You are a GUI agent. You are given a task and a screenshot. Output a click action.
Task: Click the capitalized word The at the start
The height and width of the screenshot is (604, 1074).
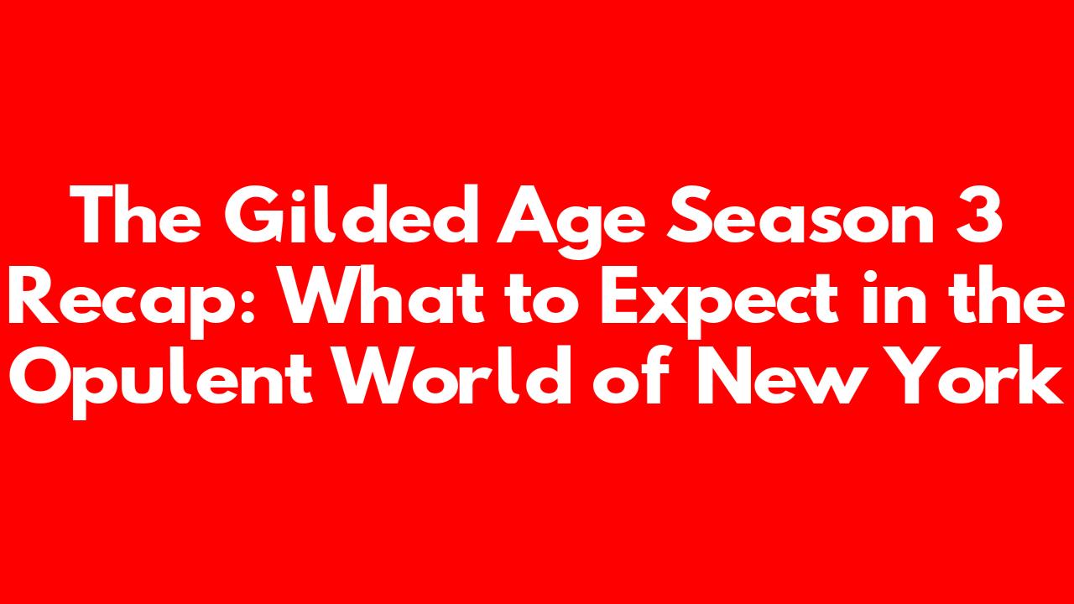(135, 214)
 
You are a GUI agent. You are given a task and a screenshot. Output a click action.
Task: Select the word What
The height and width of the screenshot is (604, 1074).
(382, 294)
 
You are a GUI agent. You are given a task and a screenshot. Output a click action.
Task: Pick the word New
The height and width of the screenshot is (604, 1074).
(778, 376)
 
